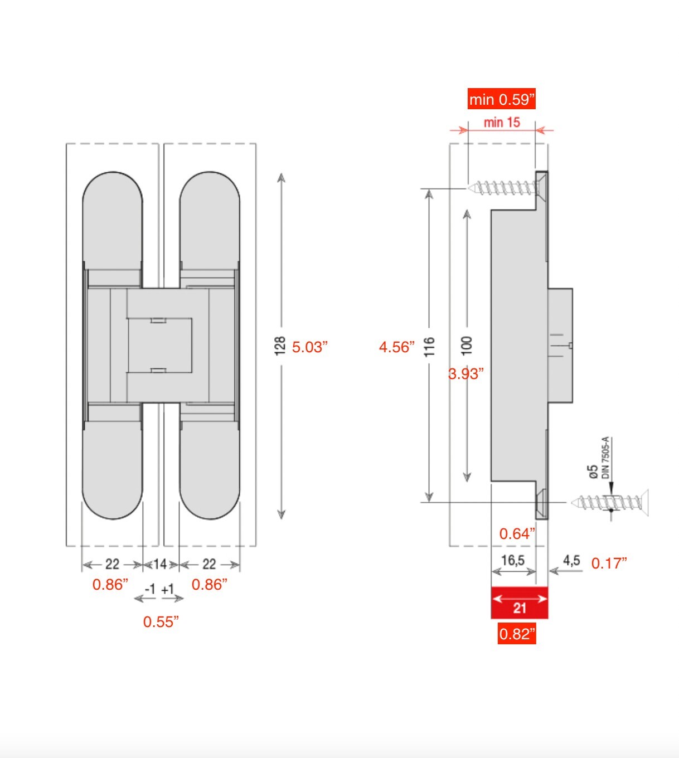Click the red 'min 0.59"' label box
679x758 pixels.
pyautogui.click(x=501, y=99)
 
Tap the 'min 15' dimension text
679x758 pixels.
pyautogui.click(x=501, y=122)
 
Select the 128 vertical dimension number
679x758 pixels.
pyautogui.click(x=280, y=346)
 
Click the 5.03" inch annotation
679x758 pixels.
pyautogui.click(x=310, y=347)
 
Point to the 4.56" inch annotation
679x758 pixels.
pyautogui.click(x=397, y=347)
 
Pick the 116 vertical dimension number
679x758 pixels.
pyautogui.click(x=429, y=347)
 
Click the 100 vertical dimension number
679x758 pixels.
pyautogui.click(x=467, y=346)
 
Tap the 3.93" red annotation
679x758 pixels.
pyautogui.click(x=466, y=374)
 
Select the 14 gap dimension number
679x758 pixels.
pyautogui.click(x=160, y=564)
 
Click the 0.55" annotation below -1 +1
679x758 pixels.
pyautogui.click(x=161, y=622)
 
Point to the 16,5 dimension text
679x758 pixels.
pyautogui.click(x=513, y=560)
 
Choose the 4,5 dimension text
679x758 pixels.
pyautogui.click(x=571, y=561)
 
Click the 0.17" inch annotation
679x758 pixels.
pyautogui.click(x=609, y=563)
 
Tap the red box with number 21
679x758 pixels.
pyautogui.click(x=520, y=603)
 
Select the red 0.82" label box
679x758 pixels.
pyautogui.click(x=517, y=634)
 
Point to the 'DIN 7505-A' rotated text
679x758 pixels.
pyautogui.click(x=606, y=458)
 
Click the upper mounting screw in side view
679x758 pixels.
pyautogui.click(x=505, y=188)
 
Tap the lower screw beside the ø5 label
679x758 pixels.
pyautogui.click(x=610, y=503)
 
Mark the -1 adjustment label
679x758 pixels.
pyautogui.click(x=150, y=589)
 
